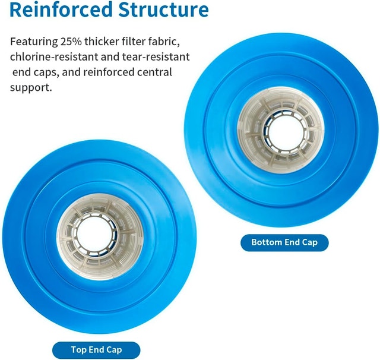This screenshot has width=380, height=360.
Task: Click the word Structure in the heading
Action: click(164, 10)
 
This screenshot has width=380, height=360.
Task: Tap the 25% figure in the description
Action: click(71, 42)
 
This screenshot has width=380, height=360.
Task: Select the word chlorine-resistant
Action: click(54, 57)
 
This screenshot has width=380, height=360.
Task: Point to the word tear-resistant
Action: click(156, 57)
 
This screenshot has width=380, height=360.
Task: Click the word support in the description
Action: click(31, 88)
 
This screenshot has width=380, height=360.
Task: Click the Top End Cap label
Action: click(96, 350)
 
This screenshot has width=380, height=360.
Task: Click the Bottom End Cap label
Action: click(284, 242)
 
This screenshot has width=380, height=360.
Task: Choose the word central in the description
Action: click(154, 72)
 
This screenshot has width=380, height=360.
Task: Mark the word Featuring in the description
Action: click(34, 42)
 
